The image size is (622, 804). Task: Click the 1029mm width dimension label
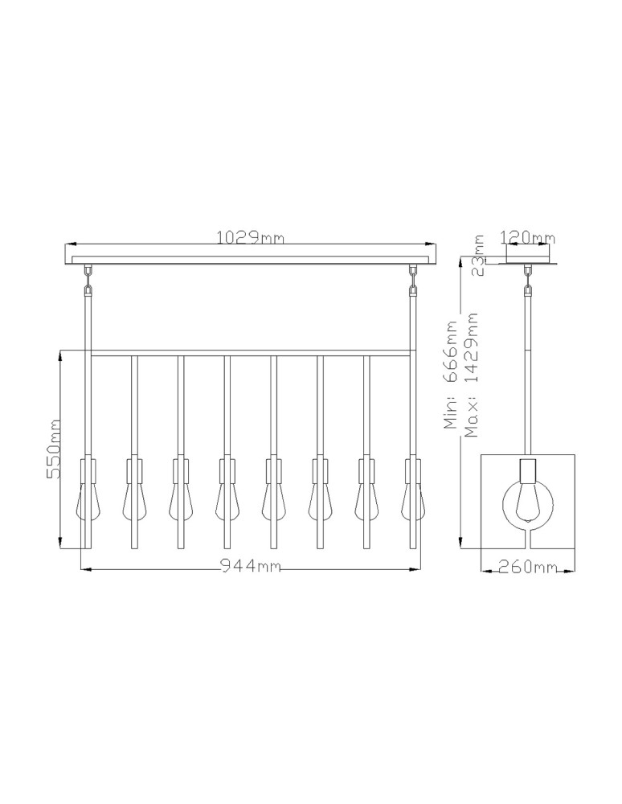pyautogui.click(x=250, y=238)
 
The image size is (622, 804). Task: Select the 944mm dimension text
pyautogui.click(x=251, y=565)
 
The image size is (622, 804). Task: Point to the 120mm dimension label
pyautogui.click(x=527, y=237)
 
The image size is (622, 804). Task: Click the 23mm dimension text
pyautogui.click(x=478, y=256)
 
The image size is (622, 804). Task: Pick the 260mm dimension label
pyautogui.click(x=527, y=567)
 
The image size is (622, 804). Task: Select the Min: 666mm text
pyautogui.click(x=452, y=375)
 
